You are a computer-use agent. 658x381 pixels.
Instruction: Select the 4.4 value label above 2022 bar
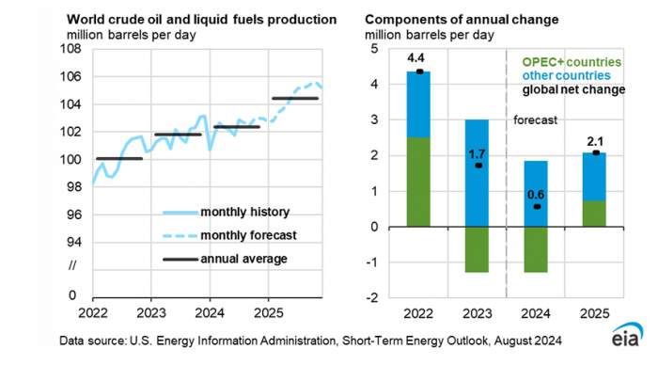tap(416, 59)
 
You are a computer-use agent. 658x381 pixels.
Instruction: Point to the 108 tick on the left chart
tap(70, 49)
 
